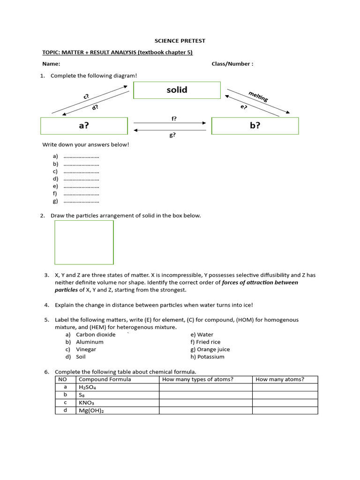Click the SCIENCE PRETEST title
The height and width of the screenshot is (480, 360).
(180, 41)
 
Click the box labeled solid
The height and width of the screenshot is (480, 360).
(177, 90)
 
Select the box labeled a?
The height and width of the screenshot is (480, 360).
(84, 126)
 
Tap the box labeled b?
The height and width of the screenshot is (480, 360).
(255, 126)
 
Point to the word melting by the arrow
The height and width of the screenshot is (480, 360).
(258, 96)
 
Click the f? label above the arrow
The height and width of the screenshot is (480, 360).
(174, 119)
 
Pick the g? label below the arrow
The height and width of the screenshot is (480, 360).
(172, 135)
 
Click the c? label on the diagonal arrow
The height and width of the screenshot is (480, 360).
(86, 97)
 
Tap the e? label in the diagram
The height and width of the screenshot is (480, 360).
(243, 107)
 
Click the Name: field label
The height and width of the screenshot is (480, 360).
(51, 64)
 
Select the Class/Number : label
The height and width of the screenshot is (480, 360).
(232, 64)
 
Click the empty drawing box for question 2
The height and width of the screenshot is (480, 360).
(84, 242)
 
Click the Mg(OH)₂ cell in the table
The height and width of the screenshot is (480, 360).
(91, 411)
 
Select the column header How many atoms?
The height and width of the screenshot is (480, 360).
(280, 379)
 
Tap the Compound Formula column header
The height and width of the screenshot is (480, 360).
(105, 379)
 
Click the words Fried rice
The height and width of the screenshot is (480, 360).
(209, 342)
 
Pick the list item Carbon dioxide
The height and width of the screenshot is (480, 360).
(96, 335)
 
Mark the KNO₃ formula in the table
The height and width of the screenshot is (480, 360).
(87, 403)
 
